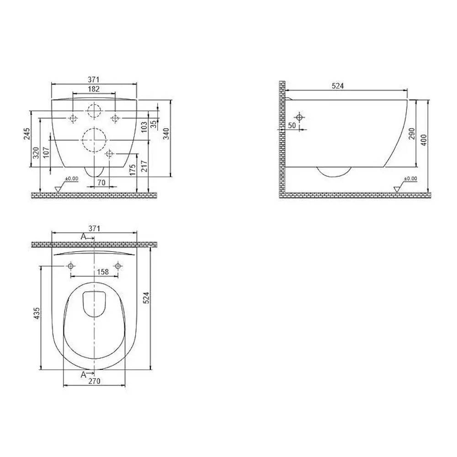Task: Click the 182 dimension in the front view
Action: click(94, 89)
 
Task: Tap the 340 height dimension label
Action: click(166, 134)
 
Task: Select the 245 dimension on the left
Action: click(27, 134)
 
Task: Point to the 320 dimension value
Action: click(36, 153)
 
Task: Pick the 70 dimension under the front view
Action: click(101, 183)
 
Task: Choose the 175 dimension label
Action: click(133, 170)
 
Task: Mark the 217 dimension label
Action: click(144, 166)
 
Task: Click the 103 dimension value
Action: click(144, 127)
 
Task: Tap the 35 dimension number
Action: click(154, 124)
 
